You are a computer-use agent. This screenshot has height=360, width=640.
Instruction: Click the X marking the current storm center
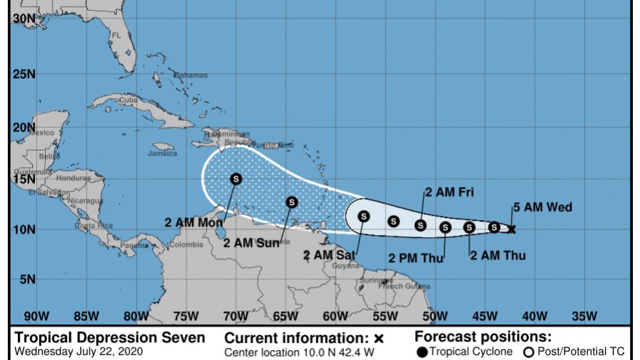512,229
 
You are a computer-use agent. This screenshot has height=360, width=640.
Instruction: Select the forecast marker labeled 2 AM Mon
236,179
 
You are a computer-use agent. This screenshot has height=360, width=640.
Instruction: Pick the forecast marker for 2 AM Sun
291,202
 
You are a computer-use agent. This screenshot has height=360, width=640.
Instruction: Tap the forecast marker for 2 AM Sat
364,216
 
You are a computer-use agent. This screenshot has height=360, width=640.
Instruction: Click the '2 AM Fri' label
449,191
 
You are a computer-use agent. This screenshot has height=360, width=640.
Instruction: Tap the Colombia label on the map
186,244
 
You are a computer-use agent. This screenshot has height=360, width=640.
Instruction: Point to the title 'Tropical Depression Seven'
110,338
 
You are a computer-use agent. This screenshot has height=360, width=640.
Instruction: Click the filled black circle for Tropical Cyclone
422,351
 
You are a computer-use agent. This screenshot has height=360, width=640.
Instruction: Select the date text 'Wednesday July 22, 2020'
79,351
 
